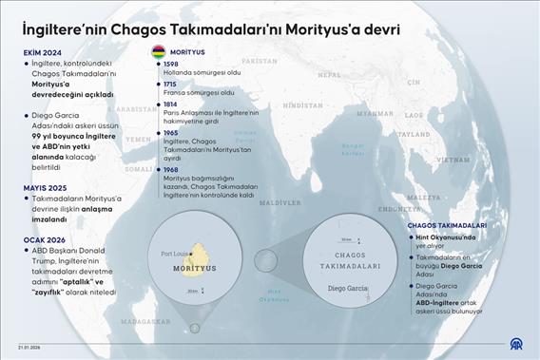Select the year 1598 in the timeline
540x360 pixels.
pyautogui.click(x=170, y=64)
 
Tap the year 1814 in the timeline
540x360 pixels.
pyautogui.click(x=170, y=104)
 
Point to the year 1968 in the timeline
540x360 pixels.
pyautogui.click(x=170, y=170)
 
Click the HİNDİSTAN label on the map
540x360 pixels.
pyautogui.click(x=305, y=105)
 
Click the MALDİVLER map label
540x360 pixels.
pyautogui.click(x=280, y=202)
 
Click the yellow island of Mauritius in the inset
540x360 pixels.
pyautogui.click(x=198, y=257)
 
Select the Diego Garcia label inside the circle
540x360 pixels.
pyautogui.click(x=345, y=287)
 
